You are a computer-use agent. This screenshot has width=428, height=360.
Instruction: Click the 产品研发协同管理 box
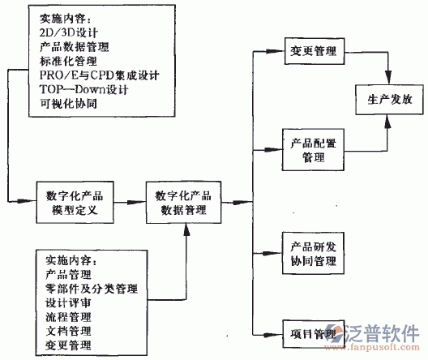(x=313, y=255)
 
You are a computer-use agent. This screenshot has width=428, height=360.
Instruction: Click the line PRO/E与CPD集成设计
(x=98, y=75)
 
